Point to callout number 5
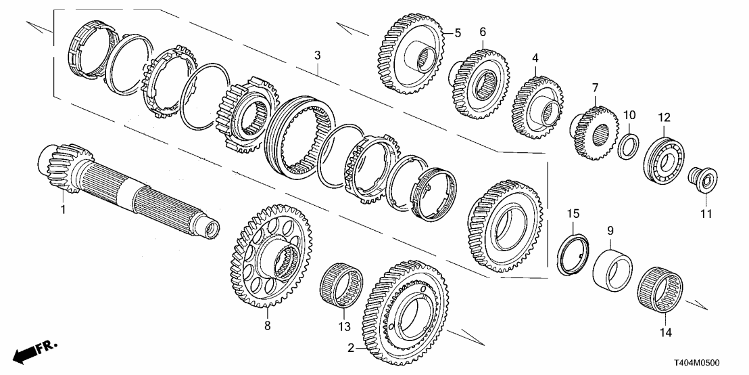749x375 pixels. [457, 32]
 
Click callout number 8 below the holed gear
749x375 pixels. [267, 326]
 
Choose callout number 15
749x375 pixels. [573, 214]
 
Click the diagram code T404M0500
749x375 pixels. [708, 363]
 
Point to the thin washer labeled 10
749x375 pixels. [629, 146]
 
